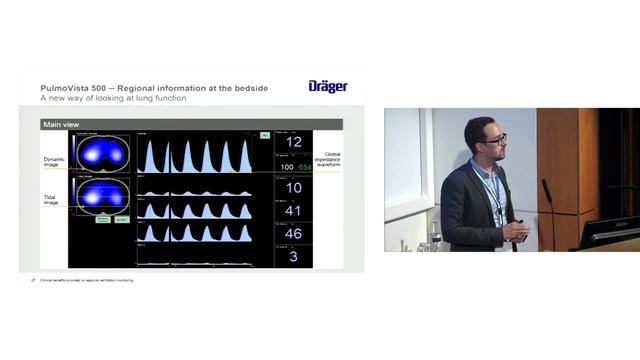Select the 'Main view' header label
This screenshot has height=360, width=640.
pyautogui.click(x=62, y=124)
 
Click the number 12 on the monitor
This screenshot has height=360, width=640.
pyautogui.click(x=294, y=143)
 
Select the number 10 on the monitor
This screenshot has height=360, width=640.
pyautogui.click(x=294, y=188)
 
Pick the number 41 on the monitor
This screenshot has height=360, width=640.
pyautogui.click(x=294, y=211)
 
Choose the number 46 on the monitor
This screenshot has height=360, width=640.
pyautogui.click(x=294, y=234)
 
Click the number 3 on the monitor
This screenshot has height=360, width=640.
pyautogui.click(x=294, y=257)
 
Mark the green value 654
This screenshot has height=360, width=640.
pyautogui.click(x=304, y=166)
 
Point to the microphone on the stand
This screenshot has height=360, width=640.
pyautogui.click(x=547, y=191)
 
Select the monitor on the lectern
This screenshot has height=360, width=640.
pyautogui.click(x=609, y=231)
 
